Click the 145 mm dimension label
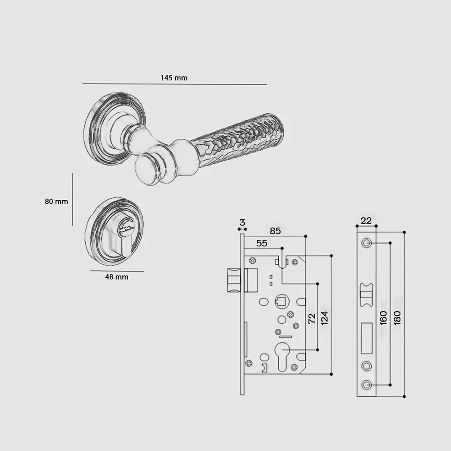point(174,78)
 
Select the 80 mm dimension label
point(56,201)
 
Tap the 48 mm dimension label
point(116,277)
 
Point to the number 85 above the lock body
point(275,231)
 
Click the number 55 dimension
point(262,244)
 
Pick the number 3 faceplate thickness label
point(242,222)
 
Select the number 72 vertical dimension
point(312,319)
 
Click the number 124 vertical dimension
point(324,318)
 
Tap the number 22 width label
point(366,221)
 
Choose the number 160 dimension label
point(383,318)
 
